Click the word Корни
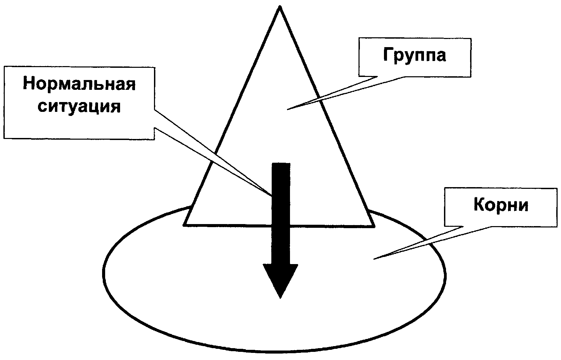tap(501, 205)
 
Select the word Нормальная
tap(79, 84)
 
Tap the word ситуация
tap(79, 107)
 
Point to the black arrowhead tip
tap(280, 298)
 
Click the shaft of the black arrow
tap(281, 214)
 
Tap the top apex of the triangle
tap(280, 6)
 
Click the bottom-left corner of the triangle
tap(184, 225)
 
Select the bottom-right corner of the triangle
tap(374, 226)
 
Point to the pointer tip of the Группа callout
tap(287, 109)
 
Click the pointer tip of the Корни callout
tap(373, 259)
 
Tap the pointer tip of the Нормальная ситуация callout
tap(272, 196)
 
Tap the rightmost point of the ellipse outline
tap(446, 275)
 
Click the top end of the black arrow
tap(281, 163)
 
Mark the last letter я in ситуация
tap(116, 107)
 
